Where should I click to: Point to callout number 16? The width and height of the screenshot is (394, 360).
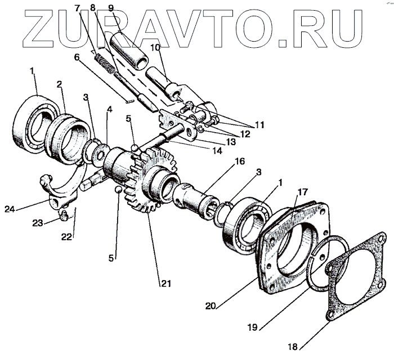pos(240,161)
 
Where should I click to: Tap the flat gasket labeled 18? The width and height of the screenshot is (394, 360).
pos(355,281)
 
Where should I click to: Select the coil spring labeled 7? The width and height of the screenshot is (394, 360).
pos(105,64)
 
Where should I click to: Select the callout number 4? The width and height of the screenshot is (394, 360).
pos(110,110)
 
